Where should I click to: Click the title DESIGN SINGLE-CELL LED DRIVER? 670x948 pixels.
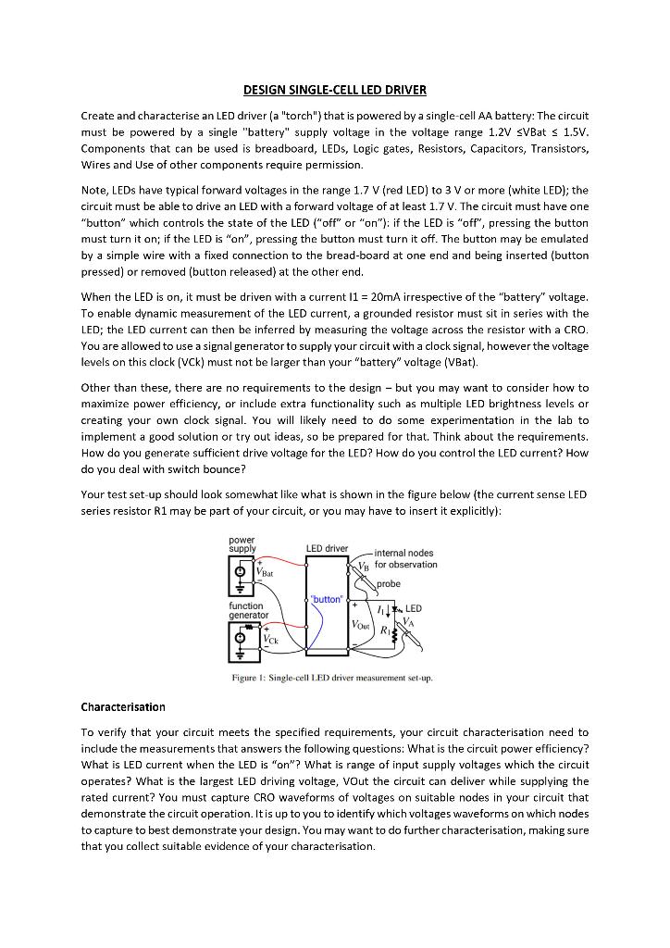click(334, 90)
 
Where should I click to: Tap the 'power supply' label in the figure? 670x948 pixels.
click(242, 544)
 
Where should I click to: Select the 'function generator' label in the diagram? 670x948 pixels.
click(248, 610)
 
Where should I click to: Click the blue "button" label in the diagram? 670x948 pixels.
click(328, 599)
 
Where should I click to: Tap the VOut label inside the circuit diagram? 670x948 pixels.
click(360, 626)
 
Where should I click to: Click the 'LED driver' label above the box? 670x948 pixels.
click(327, 549)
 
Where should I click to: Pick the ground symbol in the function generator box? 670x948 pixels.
click(241, 654)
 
